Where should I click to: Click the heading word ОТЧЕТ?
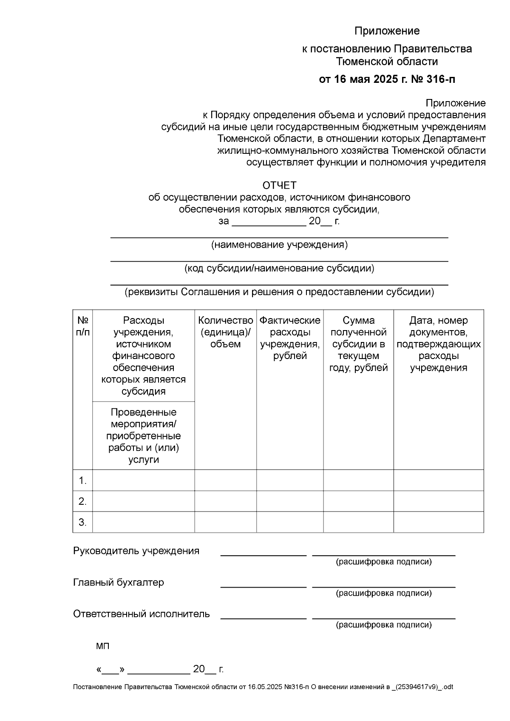pos(279,186)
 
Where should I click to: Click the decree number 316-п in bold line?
pos(439,79)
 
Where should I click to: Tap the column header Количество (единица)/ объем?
pos(226,332)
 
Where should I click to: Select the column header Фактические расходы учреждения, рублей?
pos(290,338)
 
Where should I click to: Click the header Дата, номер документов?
pos(439,344)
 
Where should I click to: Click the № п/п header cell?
pos(83,326)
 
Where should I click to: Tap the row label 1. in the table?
pos(83,481)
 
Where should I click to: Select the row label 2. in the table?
pos(83,501)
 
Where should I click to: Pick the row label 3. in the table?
pos(83,522)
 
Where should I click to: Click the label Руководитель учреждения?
pos(136,551)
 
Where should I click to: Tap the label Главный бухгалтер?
pos(119,582)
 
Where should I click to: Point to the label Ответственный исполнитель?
pos(142,614)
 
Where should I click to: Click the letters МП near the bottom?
pos(102,646)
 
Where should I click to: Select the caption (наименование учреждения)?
pos(279,245)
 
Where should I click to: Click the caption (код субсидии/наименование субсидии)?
pos(279,269)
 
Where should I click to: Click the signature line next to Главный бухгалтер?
pos(263,586)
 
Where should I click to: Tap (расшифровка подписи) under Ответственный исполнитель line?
pos(384,625)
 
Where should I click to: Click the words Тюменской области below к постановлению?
pos(387,62)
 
